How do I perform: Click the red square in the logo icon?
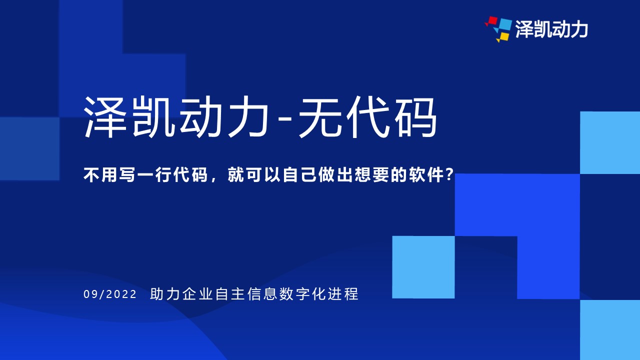492,21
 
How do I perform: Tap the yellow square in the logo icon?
503,37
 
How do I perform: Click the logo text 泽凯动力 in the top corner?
551,29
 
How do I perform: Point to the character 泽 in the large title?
105,117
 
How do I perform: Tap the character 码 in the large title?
415,117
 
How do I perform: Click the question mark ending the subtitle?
449,174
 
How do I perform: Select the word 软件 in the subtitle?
426,174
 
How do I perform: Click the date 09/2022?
110,294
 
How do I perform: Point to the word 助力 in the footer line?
165,294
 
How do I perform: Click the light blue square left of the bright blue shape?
423,267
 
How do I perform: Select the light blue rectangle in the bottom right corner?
610,329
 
